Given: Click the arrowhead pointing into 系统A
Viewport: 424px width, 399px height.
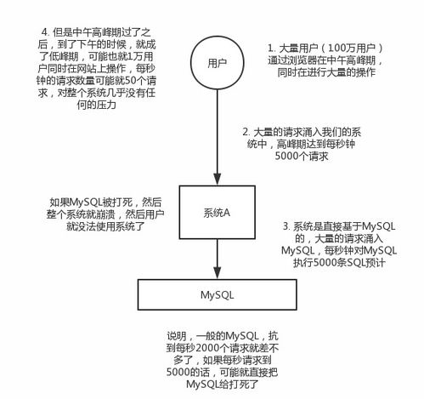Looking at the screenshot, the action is pos(217,180).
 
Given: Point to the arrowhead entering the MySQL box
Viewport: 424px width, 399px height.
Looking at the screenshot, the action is pos(217,273).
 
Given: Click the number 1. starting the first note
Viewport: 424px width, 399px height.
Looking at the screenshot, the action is pos(272,48).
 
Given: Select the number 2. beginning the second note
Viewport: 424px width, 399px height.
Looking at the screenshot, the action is pos(246,132).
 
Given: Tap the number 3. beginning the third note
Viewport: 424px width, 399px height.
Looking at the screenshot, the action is pos(286,226).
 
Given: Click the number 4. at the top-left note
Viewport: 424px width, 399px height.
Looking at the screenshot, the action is pos(45,32).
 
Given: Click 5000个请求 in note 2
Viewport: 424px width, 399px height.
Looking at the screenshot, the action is pos(302,157).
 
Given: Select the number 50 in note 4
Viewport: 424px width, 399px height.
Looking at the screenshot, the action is pos(131,81).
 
